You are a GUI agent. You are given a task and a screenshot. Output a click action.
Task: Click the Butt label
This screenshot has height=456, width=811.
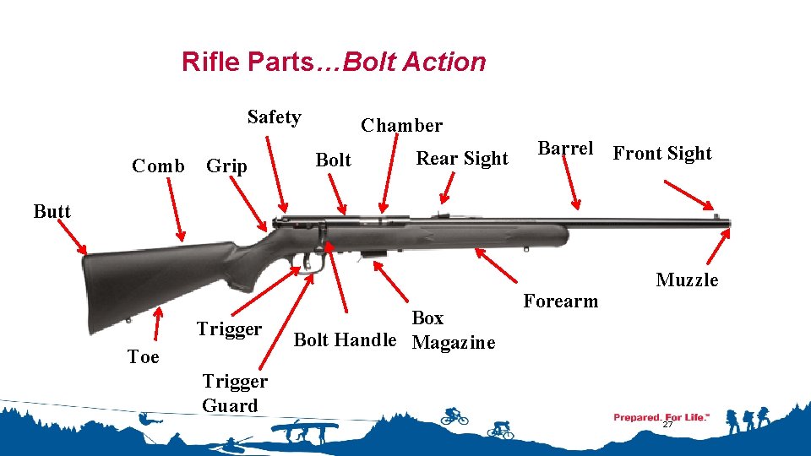pyautogui.click(x=52, y=211)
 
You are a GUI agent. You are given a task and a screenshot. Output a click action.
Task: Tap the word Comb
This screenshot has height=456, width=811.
pyautogui.click(x=158, y=166)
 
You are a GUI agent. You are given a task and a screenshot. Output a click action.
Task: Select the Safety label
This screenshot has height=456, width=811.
pyautogui.click(x=274, y=117)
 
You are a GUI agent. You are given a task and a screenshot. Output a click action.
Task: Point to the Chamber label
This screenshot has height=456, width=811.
pyautogui.click(x=401, y=125)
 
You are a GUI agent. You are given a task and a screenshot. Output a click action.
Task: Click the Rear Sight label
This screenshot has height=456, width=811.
pyautogui.click(x=462, y=158)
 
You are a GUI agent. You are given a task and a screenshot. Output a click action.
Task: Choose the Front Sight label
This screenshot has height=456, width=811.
pyautogui.click(x=662, y=154)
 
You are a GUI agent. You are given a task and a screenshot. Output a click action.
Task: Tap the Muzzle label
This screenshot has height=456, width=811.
pyautogui.click(x=687, y=280)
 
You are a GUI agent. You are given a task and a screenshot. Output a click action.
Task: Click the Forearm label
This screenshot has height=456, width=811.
pyautogui.click(x=561, y=301)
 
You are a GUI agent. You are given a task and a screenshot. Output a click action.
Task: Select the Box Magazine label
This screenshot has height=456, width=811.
pyautogui.click(x=453, y=330)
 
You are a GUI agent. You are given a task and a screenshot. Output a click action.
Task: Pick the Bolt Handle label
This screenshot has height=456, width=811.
pyautogui.click(x=345, y=339)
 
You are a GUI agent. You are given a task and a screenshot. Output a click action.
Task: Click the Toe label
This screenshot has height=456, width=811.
pyautogui.click(x=144, y=356)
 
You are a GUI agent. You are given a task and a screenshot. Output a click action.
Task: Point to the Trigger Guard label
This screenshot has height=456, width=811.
pyautogui.click(x=235, y=393)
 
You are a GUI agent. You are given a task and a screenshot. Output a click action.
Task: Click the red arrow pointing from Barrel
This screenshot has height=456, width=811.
pyautogui.click(x=571, y=182)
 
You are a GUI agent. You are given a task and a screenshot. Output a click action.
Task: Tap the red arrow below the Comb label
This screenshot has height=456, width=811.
pyautogui.click(x=176, y=209)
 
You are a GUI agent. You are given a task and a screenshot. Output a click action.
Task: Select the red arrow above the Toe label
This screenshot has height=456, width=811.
pyautogui.click(x=157, y=323)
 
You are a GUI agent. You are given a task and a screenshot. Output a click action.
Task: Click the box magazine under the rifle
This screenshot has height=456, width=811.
pyautogui.click(x=373, y=254)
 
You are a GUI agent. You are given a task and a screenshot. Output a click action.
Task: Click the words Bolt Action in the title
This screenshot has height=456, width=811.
pyautogui.click(x=414, y=62)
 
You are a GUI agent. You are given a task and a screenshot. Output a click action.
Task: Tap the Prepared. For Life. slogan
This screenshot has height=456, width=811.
pyautogui.click(x=661, y=417)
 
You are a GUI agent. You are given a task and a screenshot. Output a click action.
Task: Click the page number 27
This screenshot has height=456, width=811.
pyautogui.click(x=667, y=425)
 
